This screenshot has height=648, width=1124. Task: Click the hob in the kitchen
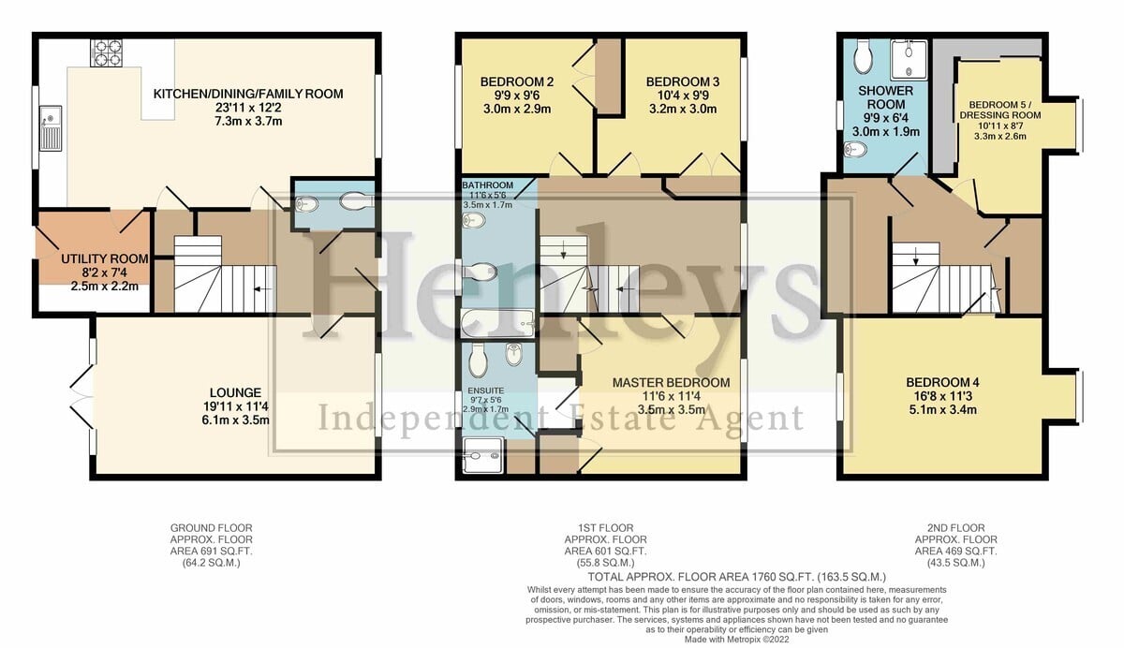point(107,52)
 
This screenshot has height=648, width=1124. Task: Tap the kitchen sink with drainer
point(51,128)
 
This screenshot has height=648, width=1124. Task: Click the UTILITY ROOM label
point(105,258)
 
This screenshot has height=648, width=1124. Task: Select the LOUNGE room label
point(235,392)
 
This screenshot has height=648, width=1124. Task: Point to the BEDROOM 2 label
point(517,81)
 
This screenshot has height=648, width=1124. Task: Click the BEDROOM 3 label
point(683,81)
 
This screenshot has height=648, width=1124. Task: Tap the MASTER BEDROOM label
point(671,383)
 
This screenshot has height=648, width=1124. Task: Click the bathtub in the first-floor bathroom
point(497,323)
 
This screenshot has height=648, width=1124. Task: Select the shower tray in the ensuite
point(482,455)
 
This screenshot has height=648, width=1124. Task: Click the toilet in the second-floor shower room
point(864,57)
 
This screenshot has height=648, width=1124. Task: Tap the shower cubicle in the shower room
point(909,60)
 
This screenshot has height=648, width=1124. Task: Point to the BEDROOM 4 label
point(942,383)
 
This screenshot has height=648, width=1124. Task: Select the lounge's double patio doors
point(82,397)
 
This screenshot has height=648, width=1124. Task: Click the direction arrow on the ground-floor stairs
point(263,289)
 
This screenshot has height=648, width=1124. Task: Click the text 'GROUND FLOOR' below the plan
point(212,528)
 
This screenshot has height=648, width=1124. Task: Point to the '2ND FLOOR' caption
point(956,528)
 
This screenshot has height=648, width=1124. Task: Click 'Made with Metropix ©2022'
point(736,640)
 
